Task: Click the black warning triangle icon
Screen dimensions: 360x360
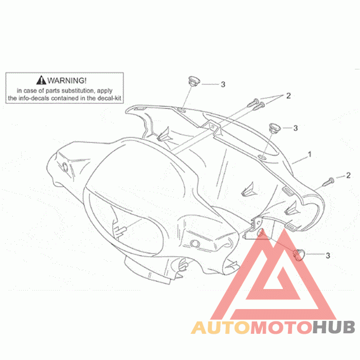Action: point(41,81)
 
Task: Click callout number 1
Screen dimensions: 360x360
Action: point(310,154)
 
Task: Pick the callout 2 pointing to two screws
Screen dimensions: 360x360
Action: point(289,95)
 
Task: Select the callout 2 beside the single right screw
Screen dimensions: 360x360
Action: point(348,175)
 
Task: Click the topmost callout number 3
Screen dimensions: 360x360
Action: point(223,84)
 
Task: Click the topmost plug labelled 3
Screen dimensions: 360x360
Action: point(194,81)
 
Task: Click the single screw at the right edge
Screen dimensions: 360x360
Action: point(328,181)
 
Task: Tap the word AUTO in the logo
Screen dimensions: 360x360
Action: point(217,327)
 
